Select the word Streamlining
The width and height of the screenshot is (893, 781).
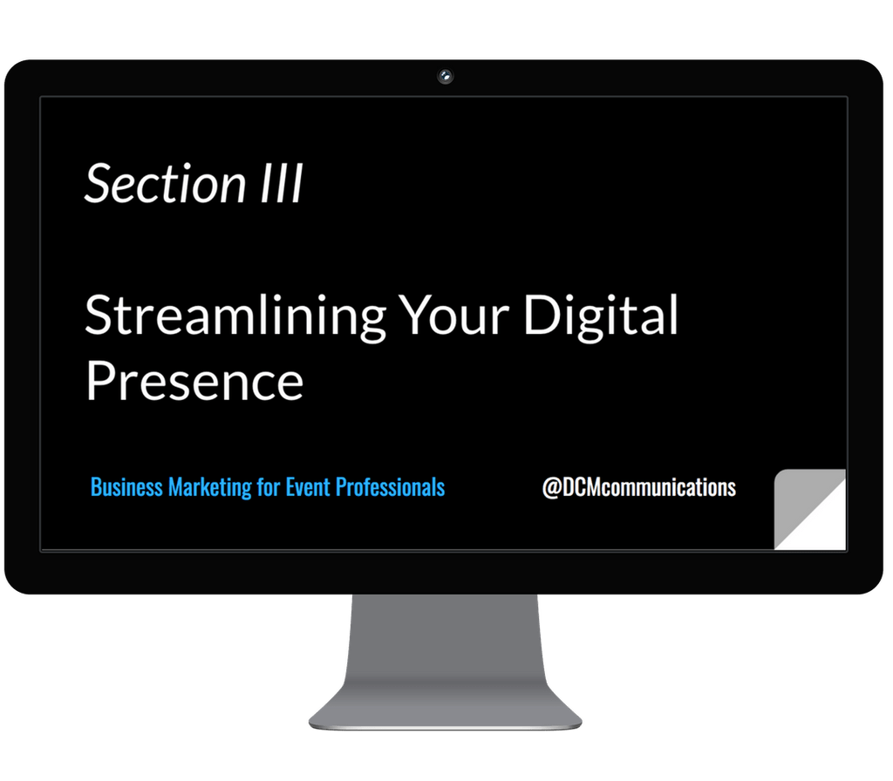click(235, 317)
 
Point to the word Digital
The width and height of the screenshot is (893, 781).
click(600, 317)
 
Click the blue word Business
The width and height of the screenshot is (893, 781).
click(126, 486)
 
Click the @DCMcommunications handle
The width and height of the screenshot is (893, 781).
click(638, 487)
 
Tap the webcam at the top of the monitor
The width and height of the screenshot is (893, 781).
click(446, 77)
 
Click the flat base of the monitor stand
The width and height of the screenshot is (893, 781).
click(446, 710)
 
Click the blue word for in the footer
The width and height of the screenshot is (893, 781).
click(268, 486)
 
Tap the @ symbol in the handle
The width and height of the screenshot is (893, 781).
click(550, 487)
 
